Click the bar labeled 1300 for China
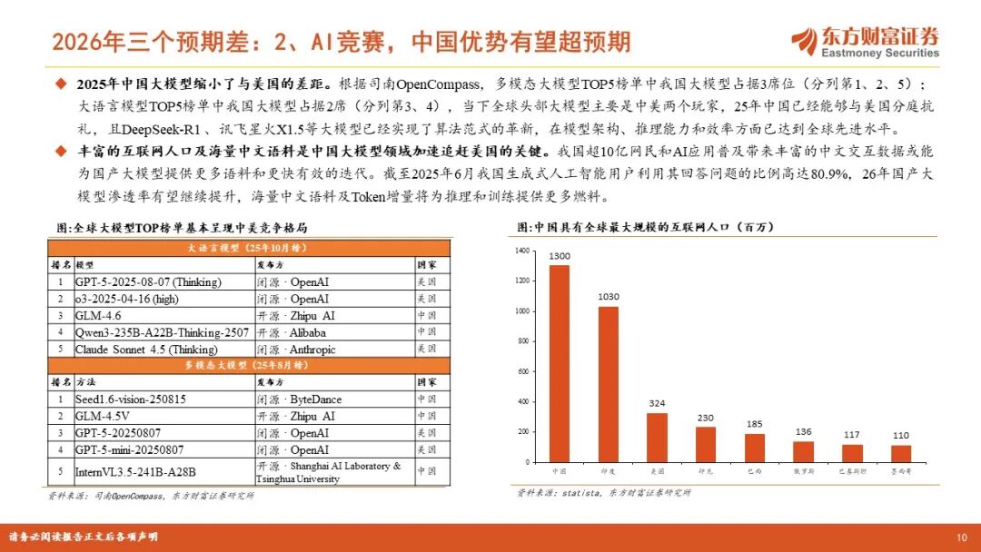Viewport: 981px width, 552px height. (x=560, y=363)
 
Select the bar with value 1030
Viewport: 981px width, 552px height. (x=608, y=385)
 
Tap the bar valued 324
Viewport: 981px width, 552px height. (x=656, y=439)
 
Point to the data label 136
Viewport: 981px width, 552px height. (x=803, y=432)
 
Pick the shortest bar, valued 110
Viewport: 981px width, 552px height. (x=900, y=454)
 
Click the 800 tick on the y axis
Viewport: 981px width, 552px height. (x=522, y=340)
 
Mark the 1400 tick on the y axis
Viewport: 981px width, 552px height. (x=521, y=250)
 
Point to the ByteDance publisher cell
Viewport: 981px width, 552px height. (x=309, y=399)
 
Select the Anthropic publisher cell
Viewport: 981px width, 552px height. (x=309, y=349)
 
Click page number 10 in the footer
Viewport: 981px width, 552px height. (x=961, y=537)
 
